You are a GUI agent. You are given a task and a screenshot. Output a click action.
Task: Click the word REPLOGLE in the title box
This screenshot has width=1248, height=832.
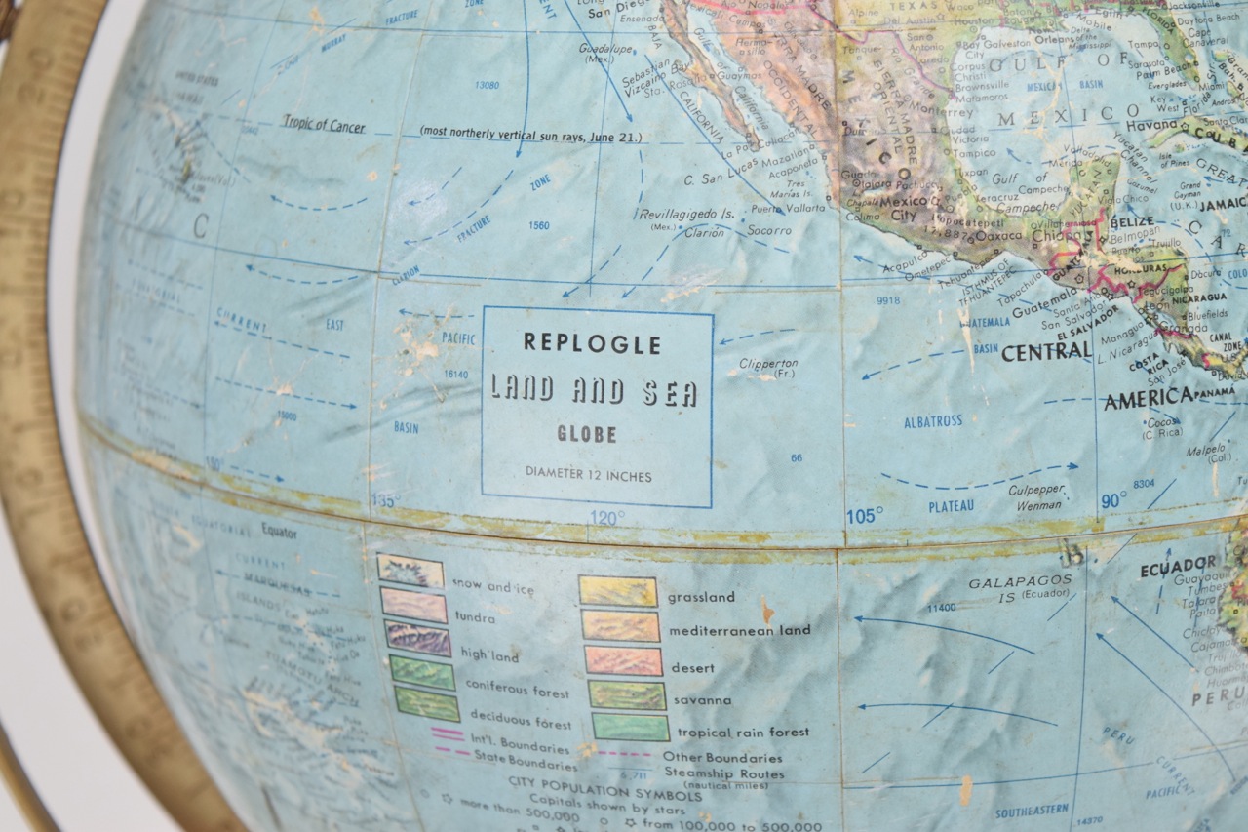(592, 343)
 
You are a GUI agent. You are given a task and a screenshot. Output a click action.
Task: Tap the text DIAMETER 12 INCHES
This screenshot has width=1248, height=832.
(588, 475)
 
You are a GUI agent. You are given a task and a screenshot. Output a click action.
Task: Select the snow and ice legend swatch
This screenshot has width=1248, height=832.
(410, 572)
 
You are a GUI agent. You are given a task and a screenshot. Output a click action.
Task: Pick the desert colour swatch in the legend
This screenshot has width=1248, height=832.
(623, 661)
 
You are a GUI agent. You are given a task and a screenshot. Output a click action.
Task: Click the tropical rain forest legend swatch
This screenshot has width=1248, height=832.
(630, 728)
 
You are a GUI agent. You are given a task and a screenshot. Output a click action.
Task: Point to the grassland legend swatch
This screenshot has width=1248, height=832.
(617, 591)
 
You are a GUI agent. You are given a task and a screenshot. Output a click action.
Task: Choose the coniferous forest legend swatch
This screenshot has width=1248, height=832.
(422, 672)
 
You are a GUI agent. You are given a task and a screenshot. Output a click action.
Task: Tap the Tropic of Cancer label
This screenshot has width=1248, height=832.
(324, 125)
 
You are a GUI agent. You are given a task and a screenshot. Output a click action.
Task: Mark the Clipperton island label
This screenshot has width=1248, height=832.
(768, 365)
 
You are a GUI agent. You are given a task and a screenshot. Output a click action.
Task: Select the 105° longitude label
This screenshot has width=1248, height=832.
(864, 516)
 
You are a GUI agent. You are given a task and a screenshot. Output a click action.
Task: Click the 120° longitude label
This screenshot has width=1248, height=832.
(605, 518)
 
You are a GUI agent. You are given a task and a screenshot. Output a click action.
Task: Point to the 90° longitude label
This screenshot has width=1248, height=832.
(1112, 500)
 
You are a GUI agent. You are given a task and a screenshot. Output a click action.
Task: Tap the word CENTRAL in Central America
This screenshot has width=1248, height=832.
(1045, 352)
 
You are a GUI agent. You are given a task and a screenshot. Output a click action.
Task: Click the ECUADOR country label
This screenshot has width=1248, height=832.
(1179, 565)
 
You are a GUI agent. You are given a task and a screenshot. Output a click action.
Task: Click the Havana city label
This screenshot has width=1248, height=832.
(1151, 126)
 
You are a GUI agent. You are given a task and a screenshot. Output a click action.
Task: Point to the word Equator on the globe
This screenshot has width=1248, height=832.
(279, 533)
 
